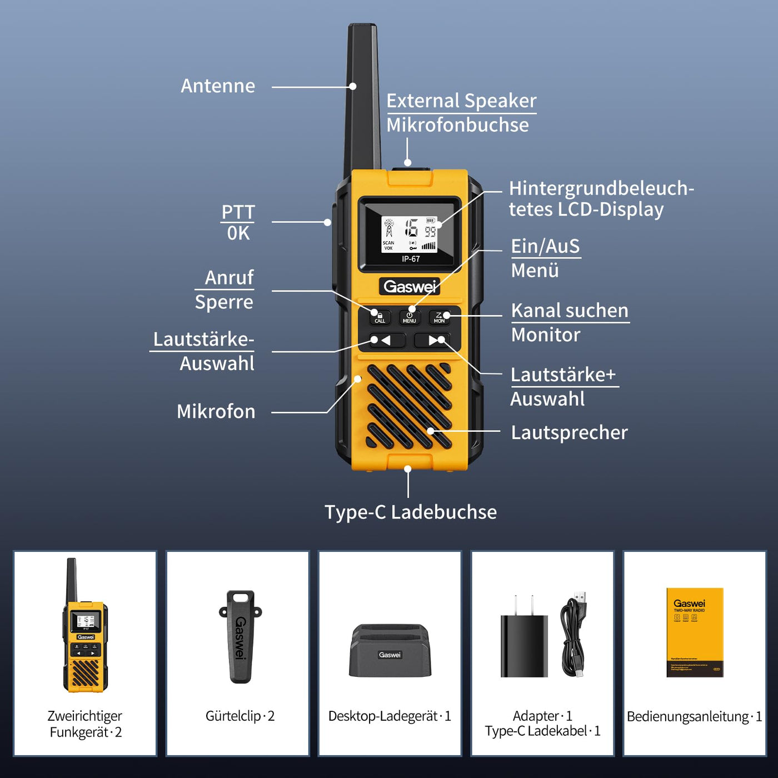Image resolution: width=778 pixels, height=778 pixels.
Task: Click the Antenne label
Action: tap(218, 86)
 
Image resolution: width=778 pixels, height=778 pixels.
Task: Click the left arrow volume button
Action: tap(382, 340)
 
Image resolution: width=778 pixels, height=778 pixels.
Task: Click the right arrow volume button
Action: tap(436, 340)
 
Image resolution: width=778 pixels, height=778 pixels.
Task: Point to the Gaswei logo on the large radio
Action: tap(410, 287)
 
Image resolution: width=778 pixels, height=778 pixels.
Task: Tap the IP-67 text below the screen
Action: tap(411, 259)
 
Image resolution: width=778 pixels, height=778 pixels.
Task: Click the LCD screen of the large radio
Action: tap(410, 233)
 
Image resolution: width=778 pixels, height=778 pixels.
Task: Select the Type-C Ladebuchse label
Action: tap(410, 512)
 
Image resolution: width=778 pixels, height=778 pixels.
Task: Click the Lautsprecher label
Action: tap(569, 432)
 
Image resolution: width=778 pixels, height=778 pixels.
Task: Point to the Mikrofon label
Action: tap(216, 412)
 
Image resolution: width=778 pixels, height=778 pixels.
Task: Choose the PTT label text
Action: tap(238, 212)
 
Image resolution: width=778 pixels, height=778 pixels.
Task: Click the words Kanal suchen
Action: tap(570, 311)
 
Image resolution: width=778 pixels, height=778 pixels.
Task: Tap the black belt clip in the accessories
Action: tap(240, 637)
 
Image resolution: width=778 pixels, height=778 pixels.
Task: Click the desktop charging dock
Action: tap(390, 651)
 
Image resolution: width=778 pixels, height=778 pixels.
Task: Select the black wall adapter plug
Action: tap(523, 642)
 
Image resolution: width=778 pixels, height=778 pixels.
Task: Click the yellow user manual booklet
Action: tap(695, 632)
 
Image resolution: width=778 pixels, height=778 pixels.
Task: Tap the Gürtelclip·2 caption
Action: tap(240, 716)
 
